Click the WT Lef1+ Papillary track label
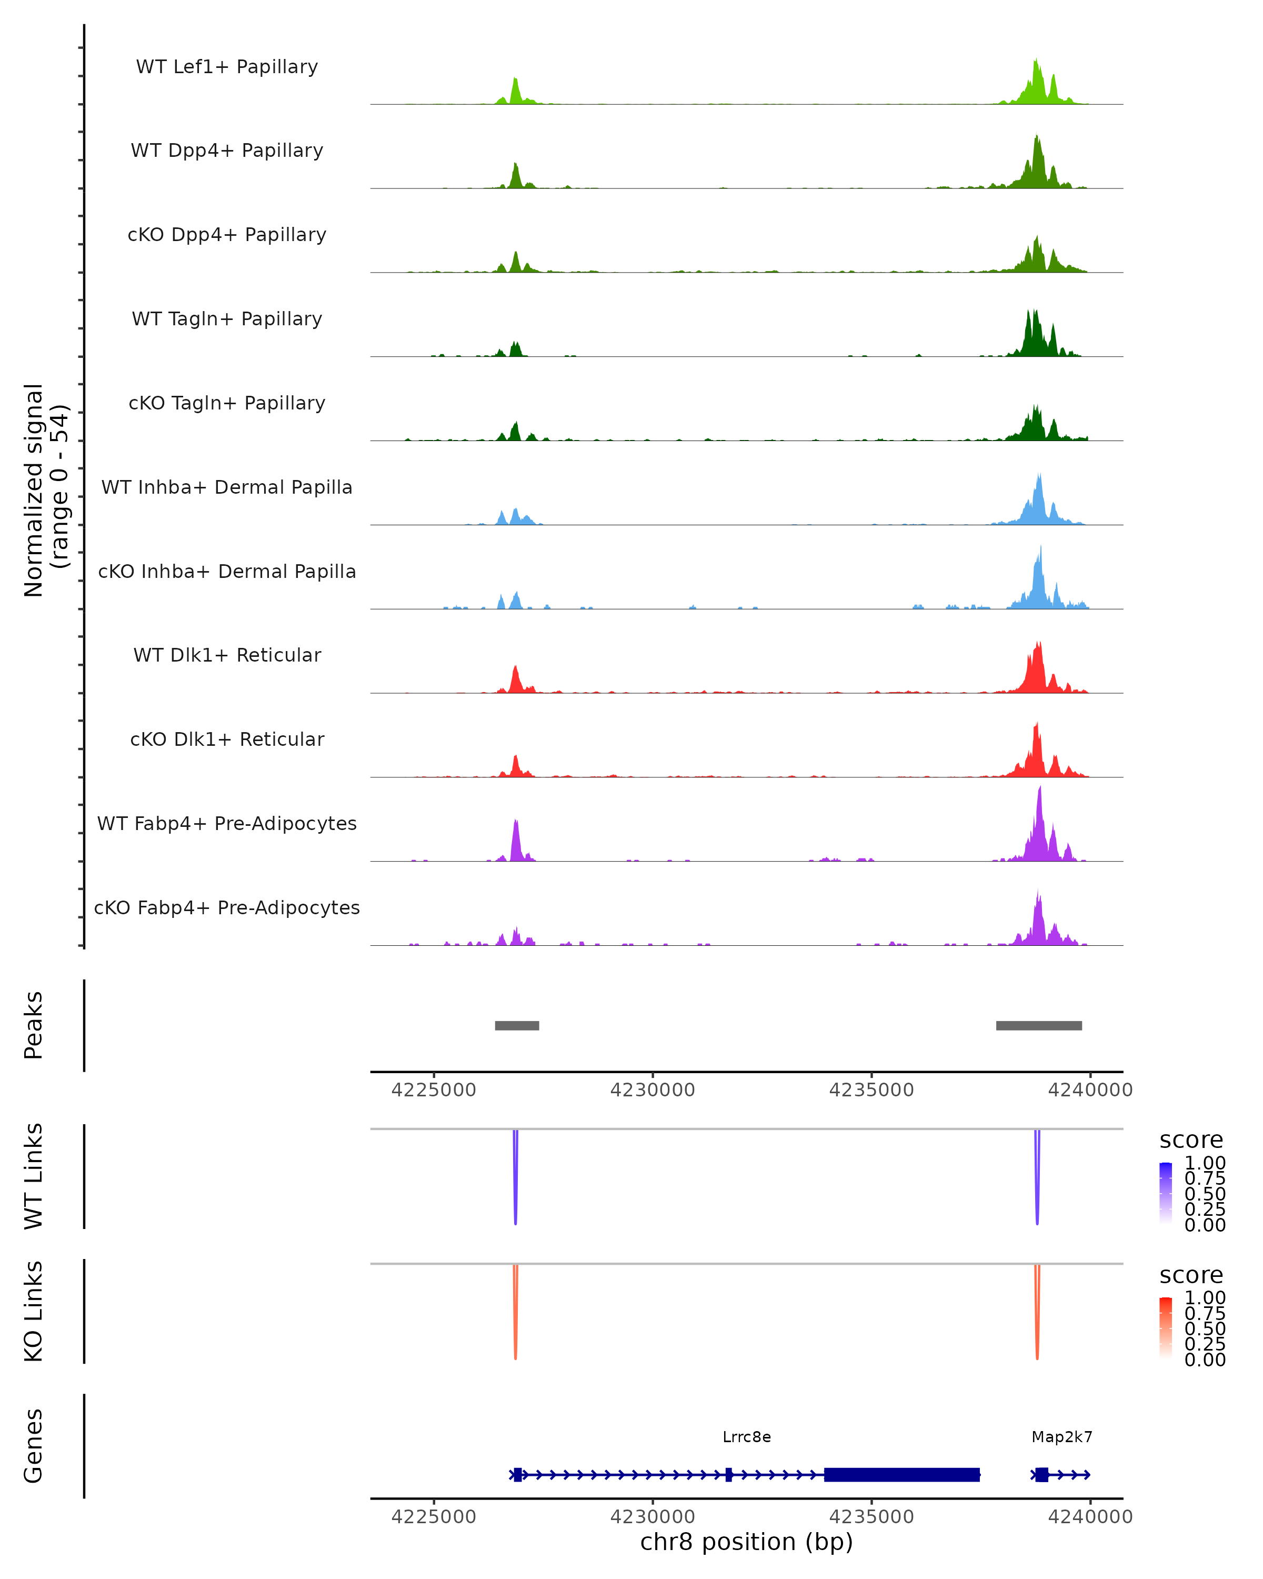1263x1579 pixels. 227,67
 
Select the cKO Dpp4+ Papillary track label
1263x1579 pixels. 227,234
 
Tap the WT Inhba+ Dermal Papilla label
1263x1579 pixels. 227,487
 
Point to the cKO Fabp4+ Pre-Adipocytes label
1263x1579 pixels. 227,907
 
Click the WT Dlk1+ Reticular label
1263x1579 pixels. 227,655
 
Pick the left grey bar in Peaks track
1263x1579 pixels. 517,1025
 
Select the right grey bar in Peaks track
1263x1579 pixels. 1038,1025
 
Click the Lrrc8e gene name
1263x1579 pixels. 746,1437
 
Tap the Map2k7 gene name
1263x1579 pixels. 1061,1437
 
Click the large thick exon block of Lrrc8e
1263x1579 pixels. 901,1474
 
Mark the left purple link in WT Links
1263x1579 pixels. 515,1179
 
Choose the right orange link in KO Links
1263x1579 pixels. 1037,1315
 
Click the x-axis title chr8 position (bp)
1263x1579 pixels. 746,1542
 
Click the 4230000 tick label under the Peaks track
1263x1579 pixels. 653,1090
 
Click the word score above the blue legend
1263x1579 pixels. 1191,1141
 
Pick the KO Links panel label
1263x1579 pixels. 34,1311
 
